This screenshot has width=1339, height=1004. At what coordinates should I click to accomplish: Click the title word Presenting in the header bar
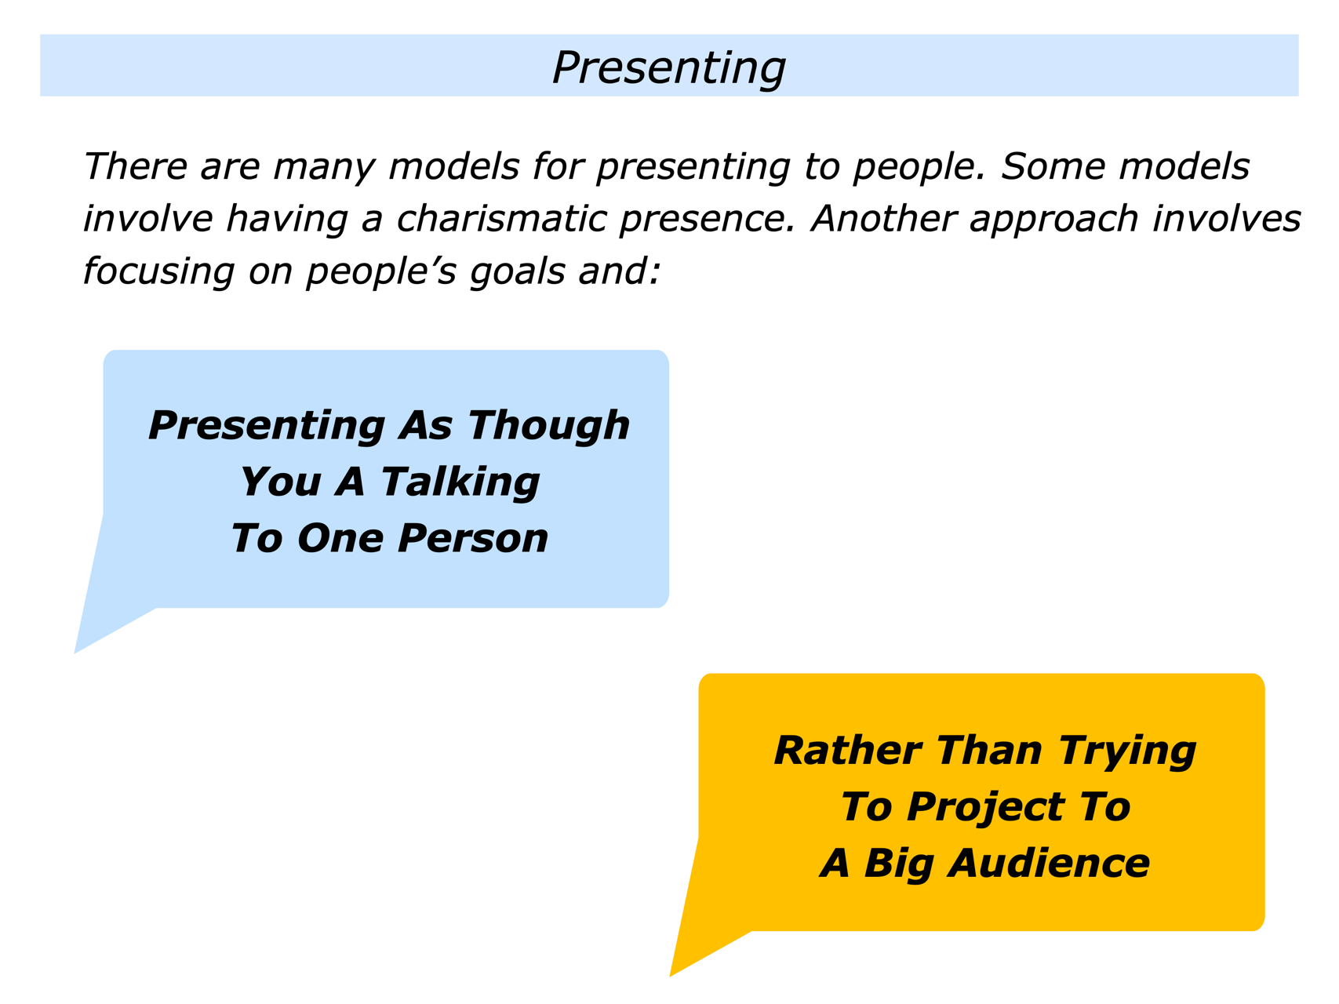coord(668,67)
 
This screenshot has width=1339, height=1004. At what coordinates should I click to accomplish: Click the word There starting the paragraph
coord(133,166)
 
